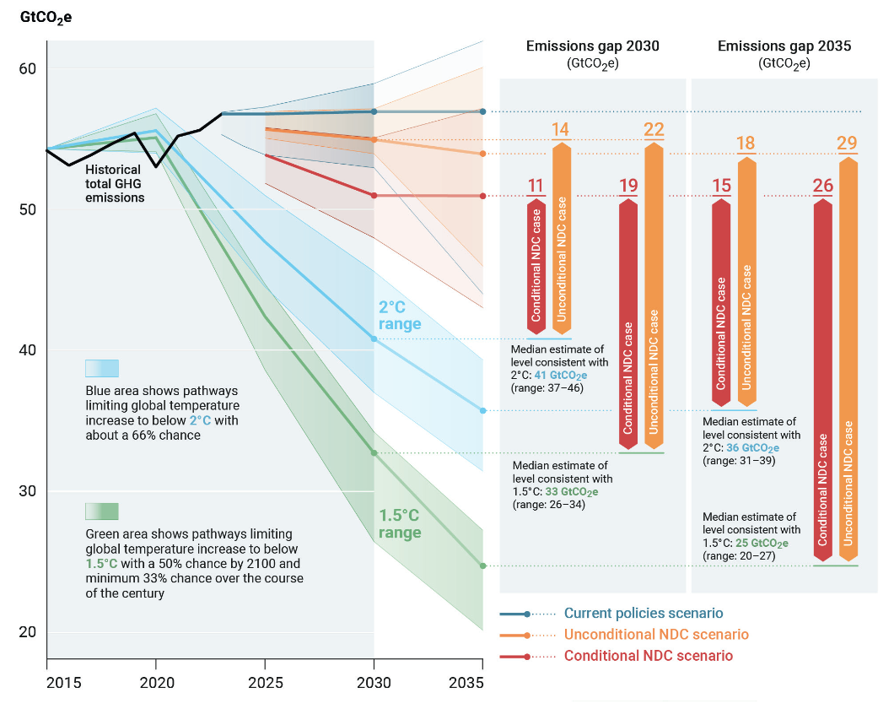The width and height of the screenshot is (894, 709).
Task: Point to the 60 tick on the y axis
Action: [28, 69]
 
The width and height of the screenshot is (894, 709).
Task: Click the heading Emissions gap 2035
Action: [784, 46]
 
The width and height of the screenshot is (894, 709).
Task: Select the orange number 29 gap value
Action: [847, 143]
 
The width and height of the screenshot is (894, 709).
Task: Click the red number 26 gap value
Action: [822, 185]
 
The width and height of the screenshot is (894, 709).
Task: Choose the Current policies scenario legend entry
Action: [644, 614]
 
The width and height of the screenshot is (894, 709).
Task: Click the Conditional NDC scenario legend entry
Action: [649, 656]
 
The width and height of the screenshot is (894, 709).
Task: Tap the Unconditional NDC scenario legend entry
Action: [656, 635]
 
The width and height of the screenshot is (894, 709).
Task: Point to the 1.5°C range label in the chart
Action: [400, 524]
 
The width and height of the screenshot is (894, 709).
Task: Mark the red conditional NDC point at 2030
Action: [374, 196]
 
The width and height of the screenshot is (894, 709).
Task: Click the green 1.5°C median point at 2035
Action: [483, 566]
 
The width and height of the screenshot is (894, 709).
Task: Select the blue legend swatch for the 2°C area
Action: [102, 369]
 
